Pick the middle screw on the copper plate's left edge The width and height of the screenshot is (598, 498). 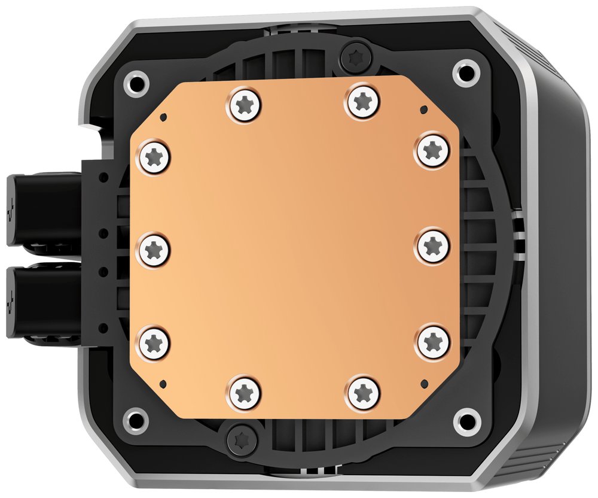coord(154,250)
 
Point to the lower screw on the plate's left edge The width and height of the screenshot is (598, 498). coord(154,342)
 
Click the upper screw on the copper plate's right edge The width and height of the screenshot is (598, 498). coord(431,150)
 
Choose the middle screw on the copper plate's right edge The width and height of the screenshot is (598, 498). coord(432,245)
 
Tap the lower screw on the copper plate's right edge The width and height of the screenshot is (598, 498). coord(432,342)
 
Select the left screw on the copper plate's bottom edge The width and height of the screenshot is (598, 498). coord(245,393)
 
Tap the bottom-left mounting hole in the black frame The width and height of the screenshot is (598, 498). coord(137,418)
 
